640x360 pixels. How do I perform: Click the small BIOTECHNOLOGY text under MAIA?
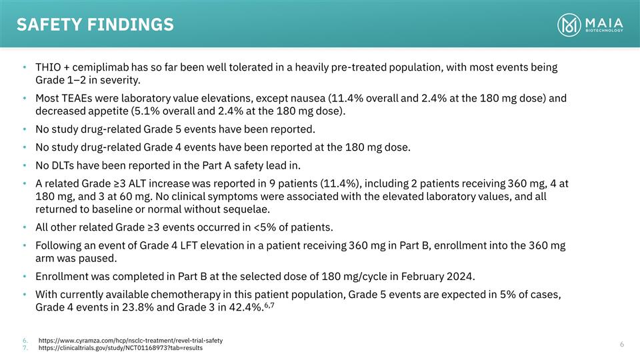[x=605, y=31]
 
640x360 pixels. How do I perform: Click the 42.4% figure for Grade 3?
[x=246, y=307]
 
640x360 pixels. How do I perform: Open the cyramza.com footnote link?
[x=130, y=341]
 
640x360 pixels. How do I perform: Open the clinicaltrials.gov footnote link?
[x=121, y=348]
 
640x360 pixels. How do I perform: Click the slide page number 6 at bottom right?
[x=621, y=344]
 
